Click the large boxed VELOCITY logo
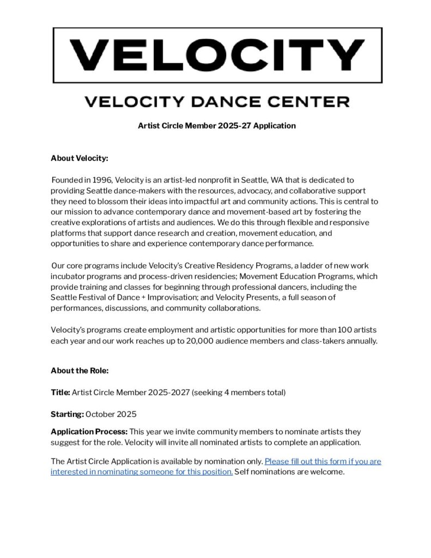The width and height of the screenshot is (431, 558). [x=217, y=55]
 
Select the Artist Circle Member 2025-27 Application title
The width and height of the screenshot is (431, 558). [x=217, y=126]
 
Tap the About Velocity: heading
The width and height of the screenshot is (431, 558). [x=80, y=158]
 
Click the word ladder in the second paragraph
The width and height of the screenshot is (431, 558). [x=313, y=265]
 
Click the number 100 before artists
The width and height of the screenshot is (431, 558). [x=343, y=330]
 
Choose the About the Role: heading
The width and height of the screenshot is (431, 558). [x=80, y=371]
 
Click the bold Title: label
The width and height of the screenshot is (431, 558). [x=60, y=392]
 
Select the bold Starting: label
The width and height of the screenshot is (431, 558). [x=67, y=414]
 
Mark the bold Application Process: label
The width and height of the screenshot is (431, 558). [x=89, y=432]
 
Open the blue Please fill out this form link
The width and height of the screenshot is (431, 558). [x=323, y=461]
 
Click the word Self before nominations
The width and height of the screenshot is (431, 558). [x=243, y=472]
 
